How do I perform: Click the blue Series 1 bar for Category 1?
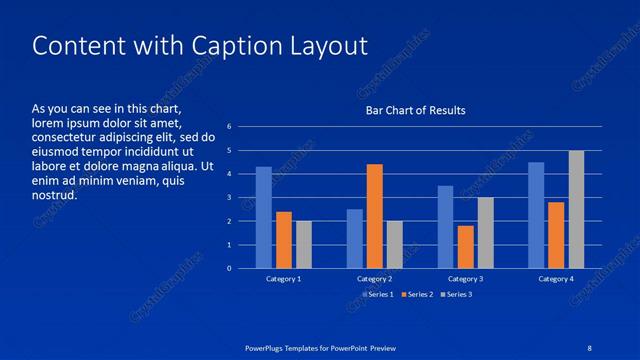click(x=264, y=217)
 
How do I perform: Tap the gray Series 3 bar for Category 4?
click(x=576, y=209)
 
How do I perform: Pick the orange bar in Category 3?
click(x=465, y=247)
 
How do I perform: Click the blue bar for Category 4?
click(x=536, y=215)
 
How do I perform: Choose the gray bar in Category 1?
click(x=304, y=245)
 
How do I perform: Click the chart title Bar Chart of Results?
click(x=415, y=110)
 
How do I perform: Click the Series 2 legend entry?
click(x=415, y=294)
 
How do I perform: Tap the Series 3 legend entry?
click(x=457, y=294)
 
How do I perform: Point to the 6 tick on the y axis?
click(x=229, y=127)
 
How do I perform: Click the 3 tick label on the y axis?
click(x=229, y=198)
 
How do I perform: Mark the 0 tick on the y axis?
click(x=229, y=268)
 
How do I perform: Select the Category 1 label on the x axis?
click(x=283, y=279)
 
